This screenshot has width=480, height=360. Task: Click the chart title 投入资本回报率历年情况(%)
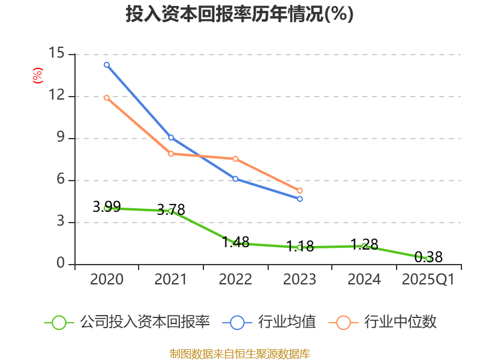point(239,14)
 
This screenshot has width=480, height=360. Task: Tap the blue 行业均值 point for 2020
point(107,65)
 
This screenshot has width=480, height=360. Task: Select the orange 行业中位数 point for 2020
point(107,98)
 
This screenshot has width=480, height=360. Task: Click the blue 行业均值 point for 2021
point(171,138)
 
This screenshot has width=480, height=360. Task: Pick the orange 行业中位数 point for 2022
point(235,159)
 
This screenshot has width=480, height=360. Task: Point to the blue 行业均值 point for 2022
point(235,179)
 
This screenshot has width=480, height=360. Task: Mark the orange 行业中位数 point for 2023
point(300,191)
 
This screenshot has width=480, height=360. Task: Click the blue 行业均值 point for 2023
point(300,199)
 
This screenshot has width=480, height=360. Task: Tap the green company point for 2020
point(107,208)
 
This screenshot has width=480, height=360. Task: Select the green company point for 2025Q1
point(428,259)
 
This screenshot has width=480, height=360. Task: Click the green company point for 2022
point(235,243)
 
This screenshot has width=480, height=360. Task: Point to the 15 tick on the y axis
point(57,54)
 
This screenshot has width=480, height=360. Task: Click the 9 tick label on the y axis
point(60,138)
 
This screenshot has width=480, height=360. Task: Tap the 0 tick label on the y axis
point(60,264)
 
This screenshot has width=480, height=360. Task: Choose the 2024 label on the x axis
point(364,280)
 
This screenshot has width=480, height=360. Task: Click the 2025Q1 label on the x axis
point(428,280)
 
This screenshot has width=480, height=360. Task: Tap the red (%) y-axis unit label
point(38,76)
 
